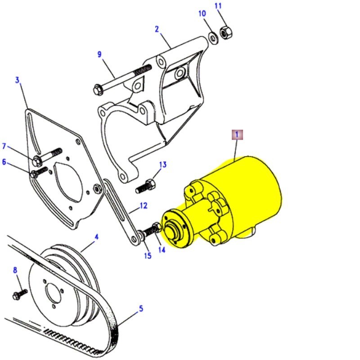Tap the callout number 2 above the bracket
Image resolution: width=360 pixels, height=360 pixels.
pyautogui.click(x=157, y=29)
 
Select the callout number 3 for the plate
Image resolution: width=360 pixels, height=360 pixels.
pyautogui.click(x=18, y=81)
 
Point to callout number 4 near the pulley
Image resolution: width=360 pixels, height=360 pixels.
pyautogui.click(x=96, y=237)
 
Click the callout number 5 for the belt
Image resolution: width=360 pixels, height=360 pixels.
pyautogui.click(x=140, y=308)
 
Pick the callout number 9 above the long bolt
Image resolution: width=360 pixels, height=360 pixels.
pyautogui.click(x=99, y=54)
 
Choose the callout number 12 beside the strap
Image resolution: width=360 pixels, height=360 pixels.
pyautogui.click(x=143, y=206)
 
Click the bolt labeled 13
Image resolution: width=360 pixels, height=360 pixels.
pyautogui.click(x=145, y=184)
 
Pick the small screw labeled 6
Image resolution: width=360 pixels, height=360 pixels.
pyautogui.click(x=38, y=172)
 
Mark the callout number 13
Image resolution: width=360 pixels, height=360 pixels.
pyautogui.click(x=162, y=165)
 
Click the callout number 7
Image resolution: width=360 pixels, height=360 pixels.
pyautogui.click(x=4, y=146)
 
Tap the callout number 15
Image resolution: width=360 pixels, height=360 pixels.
pyautogui.click(x=148, y=256)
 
